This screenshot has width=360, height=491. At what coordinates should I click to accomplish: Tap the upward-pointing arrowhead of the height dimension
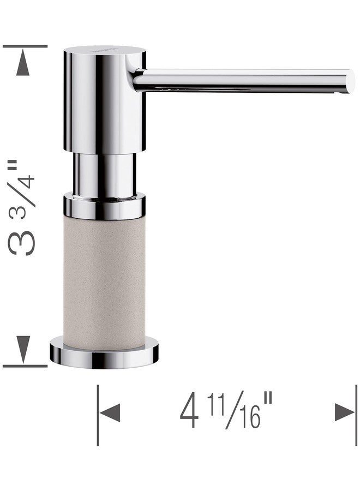pos(23,64)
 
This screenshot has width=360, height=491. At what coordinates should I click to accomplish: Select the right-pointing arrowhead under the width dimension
pos(345,412)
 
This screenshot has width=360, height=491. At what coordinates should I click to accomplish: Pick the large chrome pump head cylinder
pos(105,100)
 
